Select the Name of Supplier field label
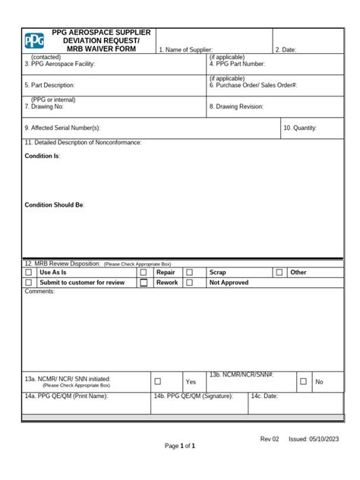pyautogui.click(x=185, y=49)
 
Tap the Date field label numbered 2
pyautogui.click(x=286, y=49)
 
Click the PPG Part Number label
pyautogui.click(x=237, y=65)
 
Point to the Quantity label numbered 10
pyautogui.click(x=300, y=128)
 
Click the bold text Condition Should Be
pyautogui.click(x=55, y=205)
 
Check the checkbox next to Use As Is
pyautogui.click(x=29, y=272)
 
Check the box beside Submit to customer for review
pyautogui.click(x=29, y=283)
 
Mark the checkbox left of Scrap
pyautogui.click(x=190, y=272)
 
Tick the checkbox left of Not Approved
pyautogui.click(x=190, y=283)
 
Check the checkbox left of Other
pyautogui.click(x=279, y=272)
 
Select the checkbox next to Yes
pyautogui.click(x=158, y=381)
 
